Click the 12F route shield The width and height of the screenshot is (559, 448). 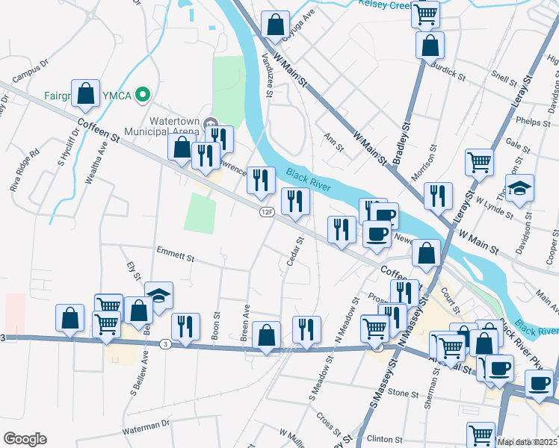click(x=266, y=213)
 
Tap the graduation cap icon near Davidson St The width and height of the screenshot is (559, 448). click(x=519, y=190)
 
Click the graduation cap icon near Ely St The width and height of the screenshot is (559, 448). click(x=158, y=296)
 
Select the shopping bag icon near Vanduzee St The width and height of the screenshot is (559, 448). click(x=275, y=25)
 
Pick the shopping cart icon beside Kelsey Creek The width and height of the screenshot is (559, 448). click(x=426, y=13)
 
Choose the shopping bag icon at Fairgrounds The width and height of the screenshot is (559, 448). click(x=86, y=94)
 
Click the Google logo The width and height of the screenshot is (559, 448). click(x=24, y=439)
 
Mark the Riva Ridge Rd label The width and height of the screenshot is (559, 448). click(x=23, y=171)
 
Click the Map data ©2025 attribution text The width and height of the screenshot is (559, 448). click(x=527, y=442)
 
